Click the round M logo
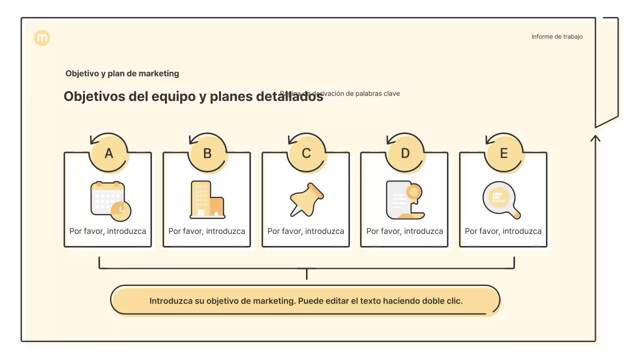click(x=42, y=38)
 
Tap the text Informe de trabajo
click(x=556, y=36)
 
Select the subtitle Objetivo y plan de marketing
click(x=122, y=73)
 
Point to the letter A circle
click(x=108, y=153)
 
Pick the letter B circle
click(x=207, y=153)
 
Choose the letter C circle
click(x=306, y=153)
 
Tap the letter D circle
click(x=405, y=153)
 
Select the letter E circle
click(x=503, y=153)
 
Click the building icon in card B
click(x=207, y=200)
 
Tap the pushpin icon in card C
click(x=306, y=199)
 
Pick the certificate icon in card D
click(x=404, y=200)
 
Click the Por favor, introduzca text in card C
click(x=305, y=231)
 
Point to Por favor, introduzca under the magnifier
click(x=503, y=231)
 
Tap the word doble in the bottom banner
click(x=433, y=301)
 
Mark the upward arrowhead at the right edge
click(x=595, y=137)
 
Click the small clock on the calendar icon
click(x=120, y=210)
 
